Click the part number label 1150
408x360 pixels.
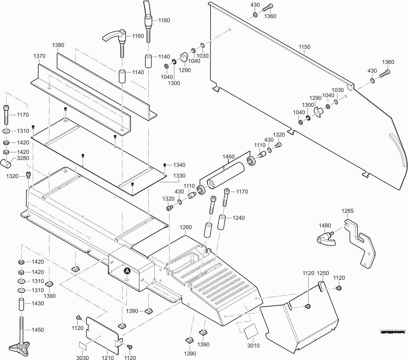[304, 47]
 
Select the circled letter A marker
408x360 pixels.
[127, 271]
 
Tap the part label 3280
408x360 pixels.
[23, 158]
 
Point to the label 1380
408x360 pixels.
[58, 45]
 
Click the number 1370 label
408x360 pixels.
[39, 56]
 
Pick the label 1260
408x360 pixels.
[186, 227]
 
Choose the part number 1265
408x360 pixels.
[347, 211]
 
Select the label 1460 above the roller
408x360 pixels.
[228, 157]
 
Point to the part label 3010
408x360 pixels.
[253, 345]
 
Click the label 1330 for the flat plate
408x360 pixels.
[179, 176]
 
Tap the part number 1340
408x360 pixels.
[179, 165]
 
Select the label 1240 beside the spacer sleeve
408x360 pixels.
[238, 218]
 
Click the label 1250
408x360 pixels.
[323, 273]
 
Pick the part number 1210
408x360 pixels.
[108, 358]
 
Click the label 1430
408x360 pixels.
[38, 304]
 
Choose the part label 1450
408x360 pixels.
[38, 330]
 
